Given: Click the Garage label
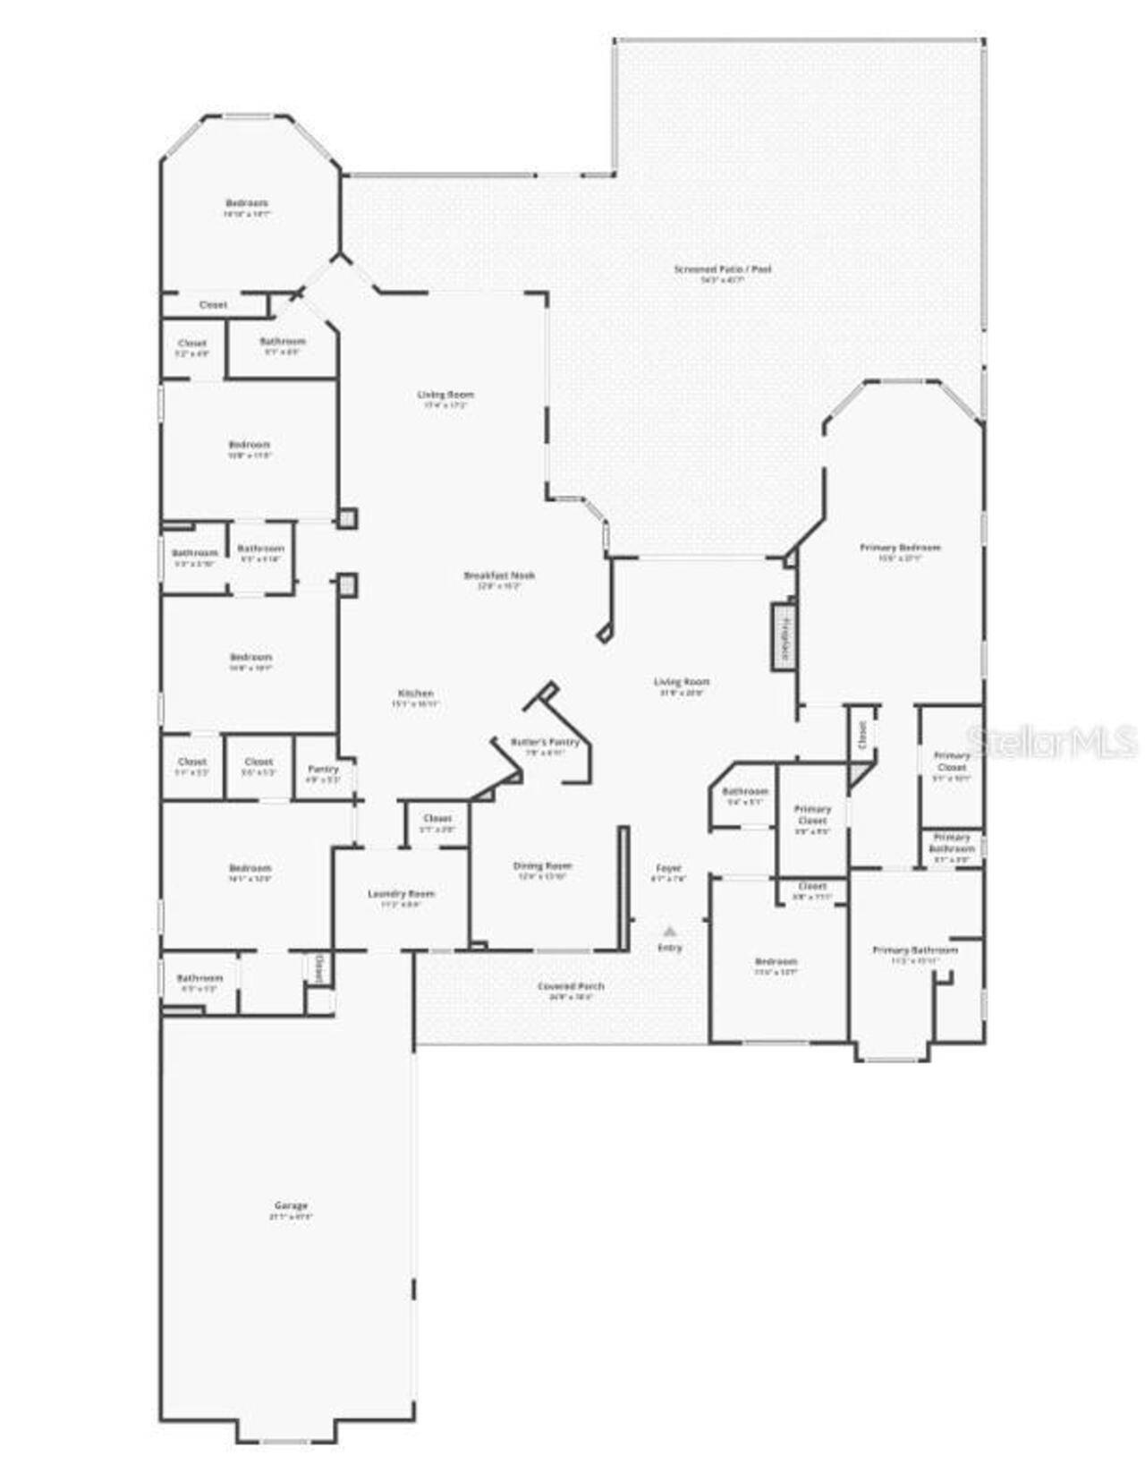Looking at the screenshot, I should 291,1205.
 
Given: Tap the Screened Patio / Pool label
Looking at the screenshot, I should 723,268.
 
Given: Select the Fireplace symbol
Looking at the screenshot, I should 785,636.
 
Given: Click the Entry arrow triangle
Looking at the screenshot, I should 669,932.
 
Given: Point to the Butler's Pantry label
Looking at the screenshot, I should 545,742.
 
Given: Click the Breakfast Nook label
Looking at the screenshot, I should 499,575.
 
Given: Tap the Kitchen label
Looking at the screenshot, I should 416,693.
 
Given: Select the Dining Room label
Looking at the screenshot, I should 542,865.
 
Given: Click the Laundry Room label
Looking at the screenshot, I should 401,893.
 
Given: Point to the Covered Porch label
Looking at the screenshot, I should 571,986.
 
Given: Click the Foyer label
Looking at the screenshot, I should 669,868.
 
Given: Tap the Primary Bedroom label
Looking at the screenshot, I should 900,548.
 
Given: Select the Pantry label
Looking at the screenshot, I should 324,769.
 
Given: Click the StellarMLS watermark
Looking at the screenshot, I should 1052,741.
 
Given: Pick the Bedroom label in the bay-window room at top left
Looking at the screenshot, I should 247,203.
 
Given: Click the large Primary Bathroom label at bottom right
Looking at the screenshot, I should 915,950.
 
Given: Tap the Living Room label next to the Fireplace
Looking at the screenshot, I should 681,682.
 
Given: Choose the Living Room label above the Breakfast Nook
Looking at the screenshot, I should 445,395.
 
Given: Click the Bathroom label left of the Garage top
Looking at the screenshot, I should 199,978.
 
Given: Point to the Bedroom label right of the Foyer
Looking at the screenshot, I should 776,961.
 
